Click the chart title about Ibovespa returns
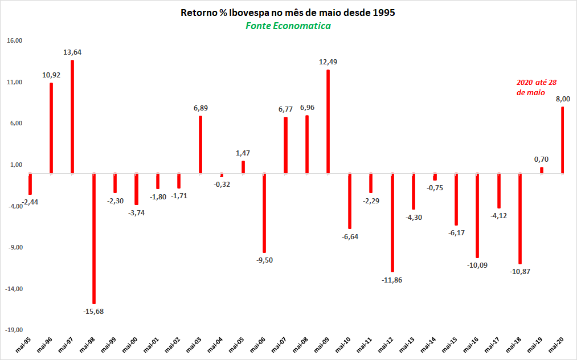coord(288,13)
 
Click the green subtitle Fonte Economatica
coord(288,26)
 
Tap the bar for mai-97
coord(72,117)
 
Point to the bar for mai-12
coord(392,222)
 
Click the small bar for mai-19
coord(542,170)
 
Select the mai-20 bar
coord(563,140)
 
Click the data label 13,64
coord(72,52)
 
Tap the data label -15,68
coord(94,311)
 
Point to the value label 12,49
coord(328,62)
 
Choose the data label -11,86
coord(392,280)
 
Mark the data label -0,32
coord(222,184)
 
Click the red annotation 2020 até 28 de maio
coord(530,87)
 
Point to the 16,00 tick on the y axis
coord(14,41)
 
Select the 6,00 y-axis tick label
coord(15,124)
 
